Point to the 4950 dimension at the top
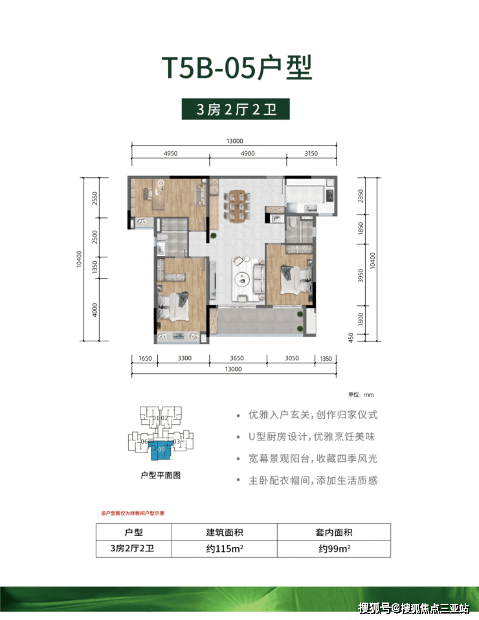(x=170, y=153)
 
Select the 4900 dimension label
(x=248, y=153)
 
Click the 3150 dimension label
(x=312, y=153)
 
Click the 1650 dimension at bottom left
(x=144, y=358)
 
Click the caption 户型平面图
(x=160, y=475)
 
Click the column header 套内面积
(x=334, y=532)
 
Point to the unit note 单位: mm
(x=361, y=394)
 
